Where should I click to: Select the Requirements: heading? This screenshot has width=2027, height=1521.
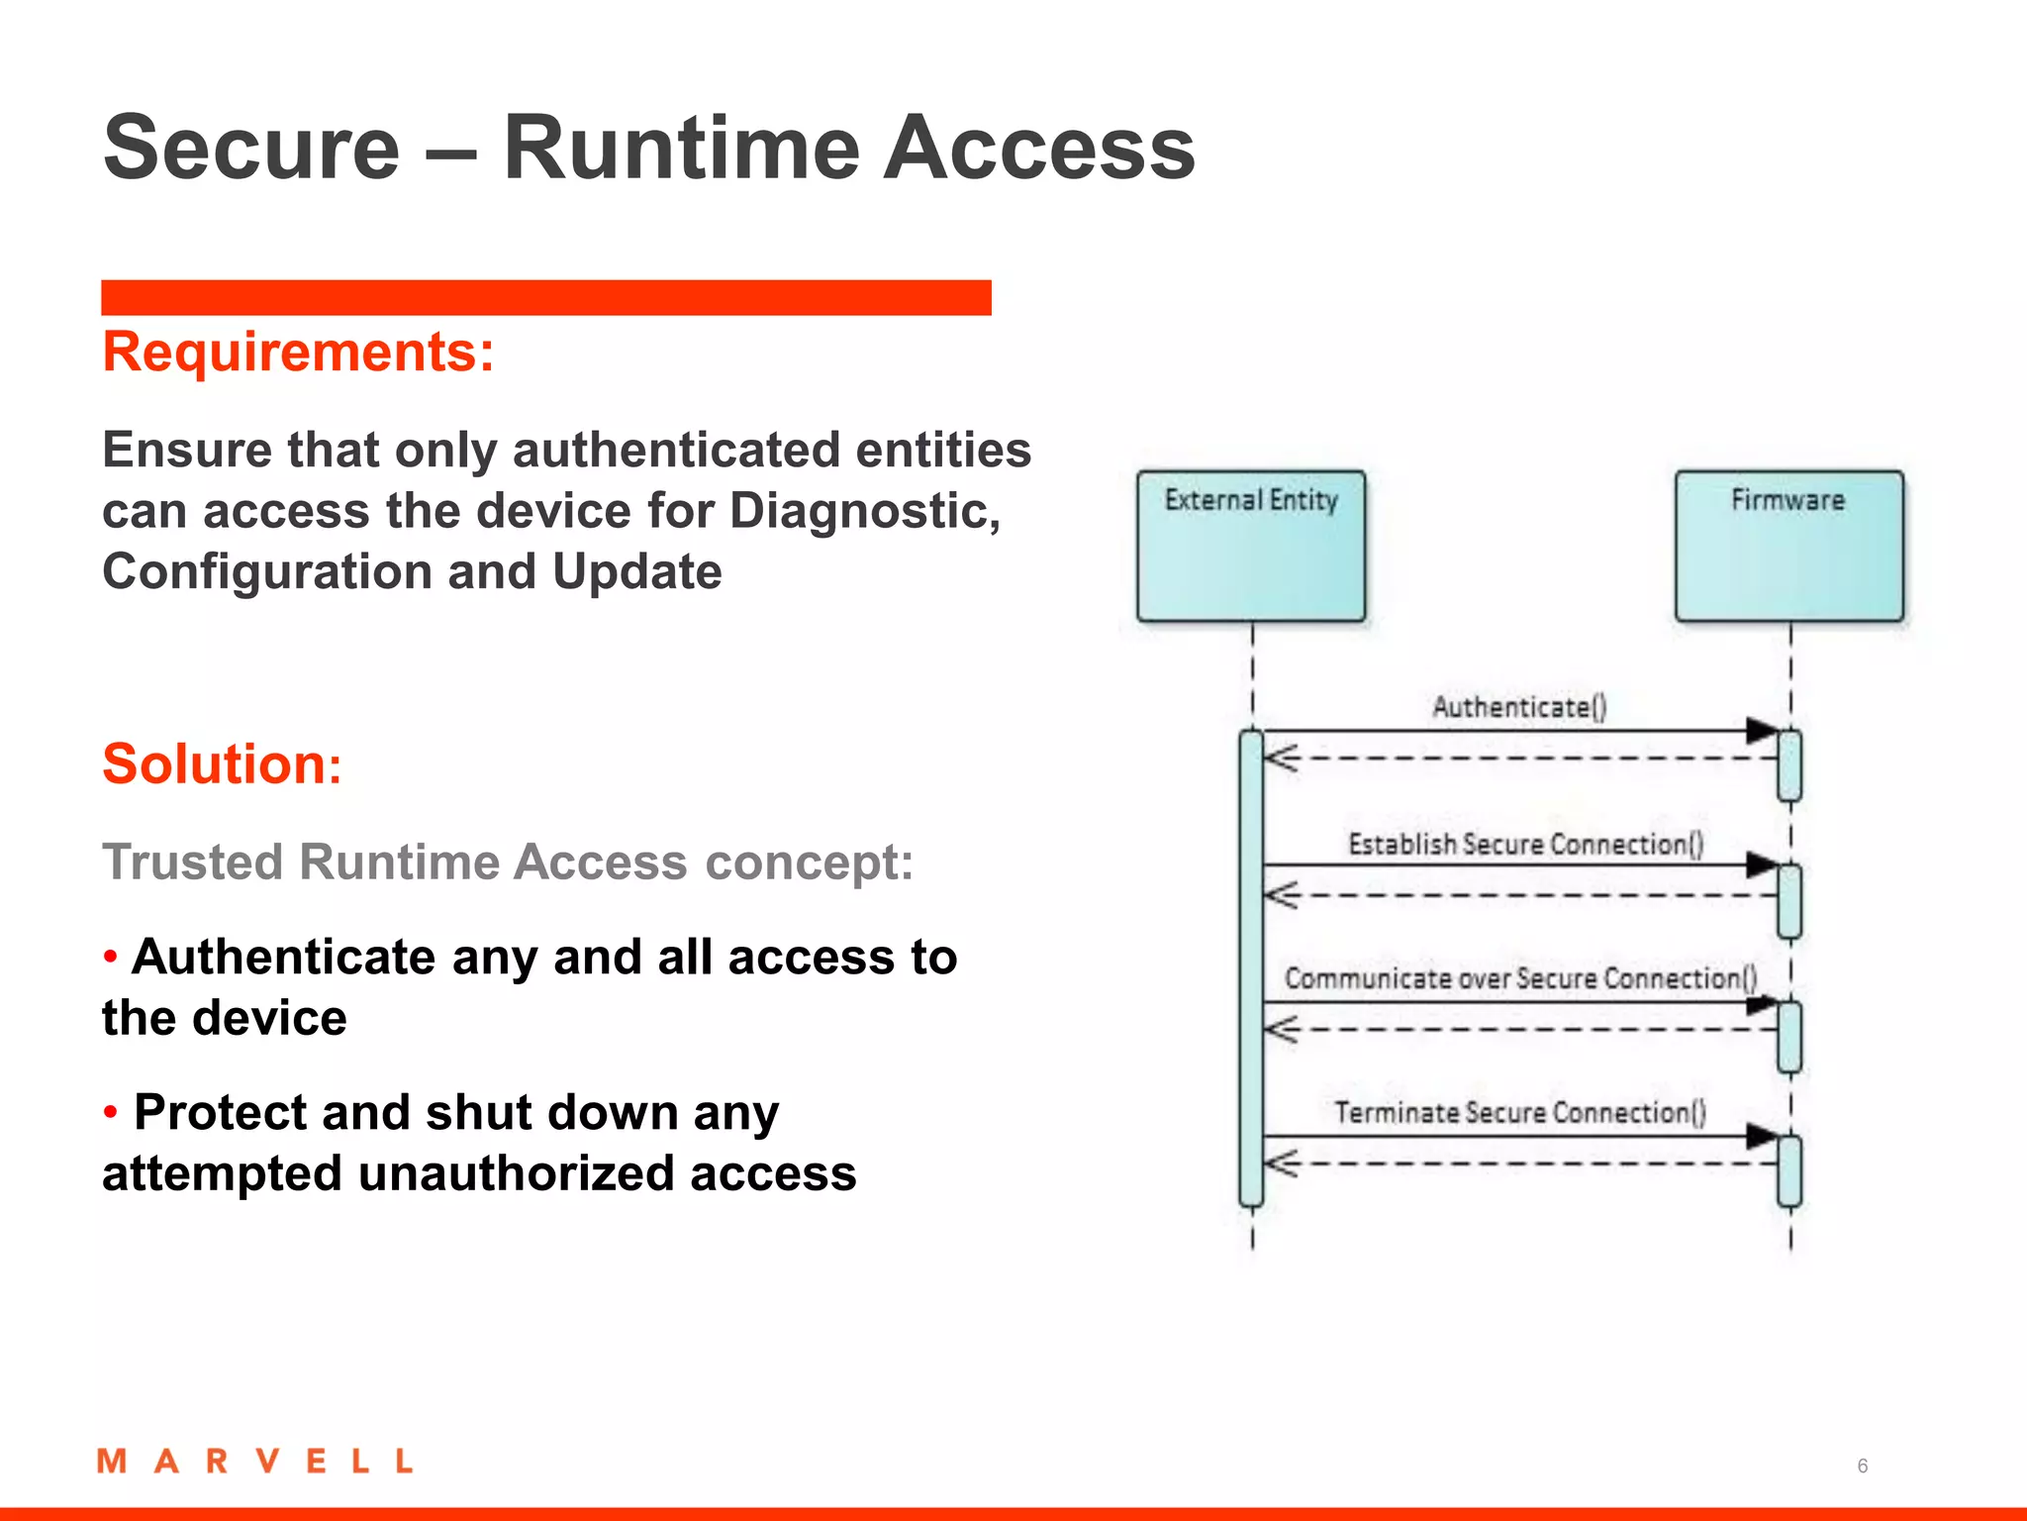(x=298, y=352)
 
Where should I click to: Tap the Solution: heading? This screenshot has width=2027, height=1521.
(x=222, y=763)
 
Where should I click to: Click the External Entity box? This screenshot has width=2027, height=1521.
(x=1251, y=546)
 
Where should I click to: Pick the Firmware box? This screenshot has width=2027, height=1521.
(x=1788, y=546)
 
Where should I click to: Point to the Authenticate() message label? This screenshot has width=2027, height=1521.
(x=1519, y=707)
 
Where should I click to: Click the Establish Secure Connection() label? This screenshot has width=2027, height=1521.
(x=1525, y=844)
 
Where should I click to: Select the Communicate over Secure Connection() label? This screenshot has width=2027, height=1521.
(x=1520, y=978)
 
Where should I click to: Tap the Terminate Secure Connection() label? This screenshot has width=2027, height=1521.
(x=1519, y=1113)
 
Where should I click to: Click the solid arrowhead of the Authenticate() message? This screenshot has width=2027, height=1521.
(x=1762, y=731)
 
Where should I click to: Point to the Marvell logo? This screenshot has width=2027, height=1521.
(x=254, y=1461)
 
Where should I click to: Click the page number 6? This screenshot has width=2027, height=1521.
(x=1862, y=1466)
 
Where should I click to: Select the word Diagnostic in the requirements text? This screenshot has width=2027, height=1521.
(x=864, y=511)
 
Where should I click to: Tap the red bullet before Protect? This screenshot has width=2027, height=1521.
(x=111, y=1112)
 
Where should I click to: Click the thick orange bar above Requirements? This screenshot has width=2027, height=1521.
(x=545, y=297)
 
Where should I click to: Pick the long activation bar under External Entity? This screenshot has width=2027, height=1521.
(x=1251, y=968)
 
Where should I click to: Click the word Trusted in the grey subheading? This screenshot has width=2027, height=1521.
(x=193, y=862)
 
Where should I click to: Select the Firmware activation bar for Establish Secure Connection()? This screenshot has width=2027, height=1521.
(x=1788, y=901)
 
